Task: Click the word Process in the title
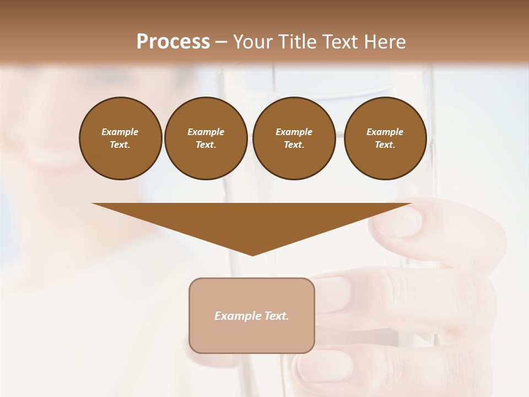(173, 42)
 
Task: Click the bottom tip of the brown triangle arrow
(253, 254)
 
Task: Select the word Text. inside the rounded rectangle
(276, 316)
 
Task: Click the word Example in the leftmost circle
(120, 132)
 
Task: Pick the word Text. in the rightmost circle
(385, 144)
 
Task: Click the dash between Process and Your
(222, 42)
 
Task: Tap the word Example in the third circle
(294, 132)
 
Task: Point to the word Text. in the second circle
(206, 144)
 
